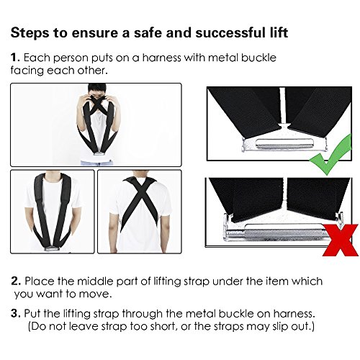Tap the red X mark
[340, 240]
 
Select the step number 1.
[15, 58]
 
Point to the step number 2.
[16, 281]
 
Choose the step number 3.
[16, 313]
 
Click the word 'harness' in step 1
[161, 58]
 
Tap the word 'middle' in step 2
[95, 281]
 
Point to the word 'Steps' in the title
[30, 33]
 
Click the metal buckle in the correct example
[284, 143]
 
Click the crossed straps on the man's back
[140, 199]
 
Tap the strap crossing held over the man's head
[96, 104]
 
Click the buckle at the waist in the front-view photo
[52, 248]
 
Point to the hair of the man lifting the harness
[97, 89]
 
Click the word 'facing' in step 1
[27, 71]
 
